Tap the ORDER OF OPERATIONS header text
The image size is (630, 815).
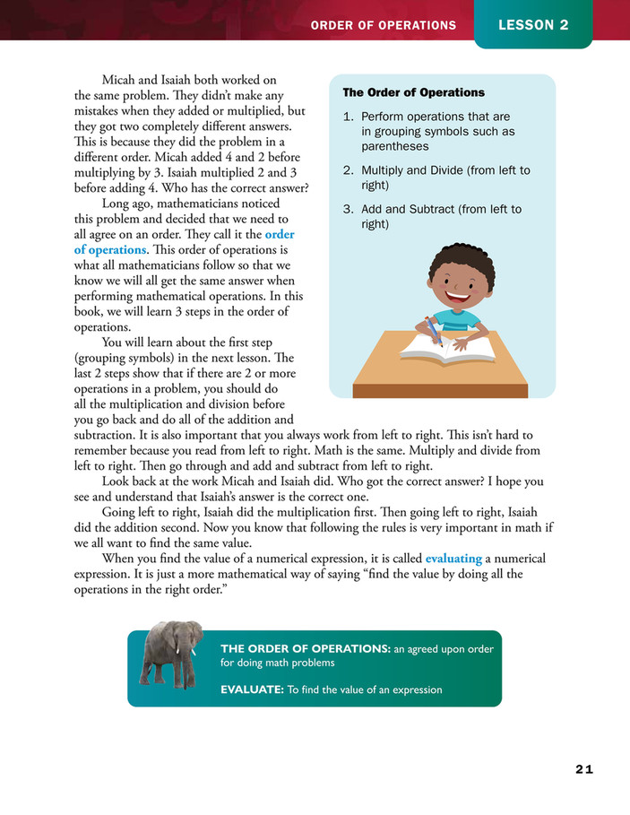pos(383,25)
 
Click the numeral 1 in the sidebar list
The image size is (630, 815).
pos(347,117)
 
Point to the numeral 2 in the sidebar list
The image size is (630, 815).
pos(347,170)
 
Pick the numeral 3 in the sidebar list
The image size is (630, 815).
pos(347,210)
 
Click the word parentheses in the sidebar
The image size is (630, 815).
pos(394,147)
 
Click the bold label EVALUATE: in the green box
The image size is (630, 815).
pos(252,689)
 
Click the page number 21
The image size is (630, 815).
pos(584,769)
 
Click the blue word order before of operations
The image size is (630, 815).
pos(280,235)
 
